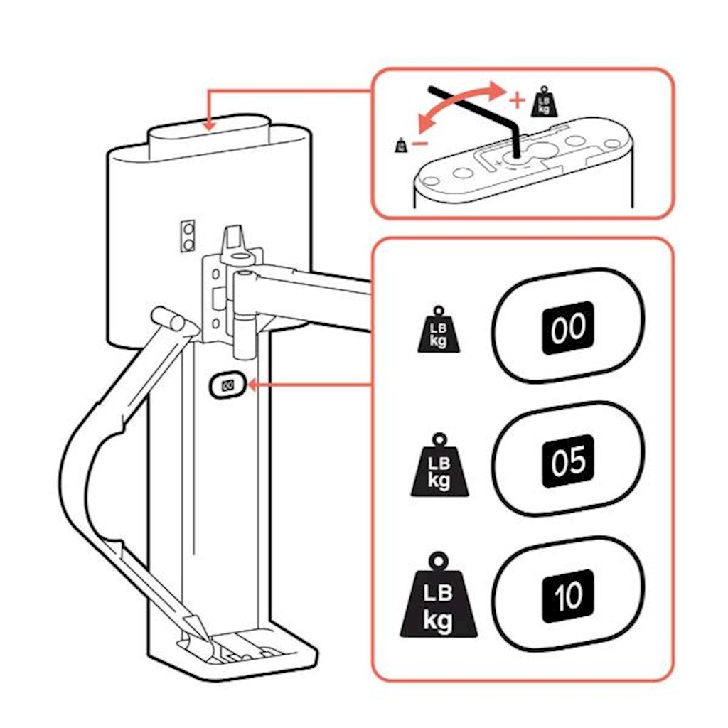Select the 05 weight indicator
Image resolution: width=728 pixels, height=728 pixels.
click(567, 461)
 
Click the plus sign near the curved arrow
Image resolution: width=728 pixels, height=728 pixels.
click(517, 100)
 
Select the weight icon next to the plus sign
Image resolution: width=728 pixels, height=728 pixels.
click(544, 102)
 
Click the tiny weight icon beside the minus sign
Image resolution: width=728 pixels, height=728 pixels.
click(400, 145)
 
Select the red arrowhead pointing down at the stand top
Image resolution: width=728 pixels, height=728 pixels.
click(208, 124)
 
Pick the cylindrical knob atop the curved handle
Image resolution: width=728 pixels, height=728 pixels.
click(168, 318)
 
